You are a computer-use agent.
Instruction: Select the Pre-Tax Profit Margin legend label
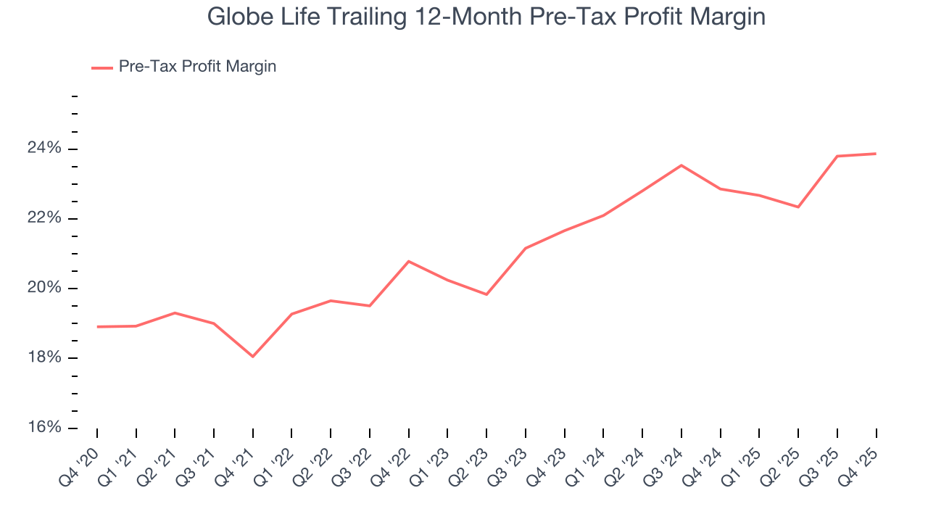pyautogui.click(x=197, y=67)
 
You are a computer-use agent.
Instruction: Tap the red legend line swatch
pyautogui.click(x=102, y=67)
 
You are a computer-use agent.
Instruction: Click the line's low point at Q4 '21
pyautogui.click(x=253, y=357)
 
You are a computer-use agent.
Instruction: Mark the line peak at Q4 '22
pyautogui.click(x=409, y=261)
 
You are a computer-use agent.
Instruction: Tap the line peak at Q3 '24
pyautogui.click(x=681, y=165)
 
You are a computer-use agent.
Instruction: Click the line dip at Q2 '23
pyautogui.click(x=486, y=294)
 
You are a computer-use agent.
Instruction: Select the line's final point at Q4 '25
pyautogui.click(x=876, y=154)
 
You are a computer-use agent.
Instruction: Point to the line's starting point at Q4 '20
pyautogui.click(x=97, y=327)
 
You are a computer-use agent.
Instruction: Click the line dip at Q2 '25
pyautogui.click(x=798, y=207)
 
